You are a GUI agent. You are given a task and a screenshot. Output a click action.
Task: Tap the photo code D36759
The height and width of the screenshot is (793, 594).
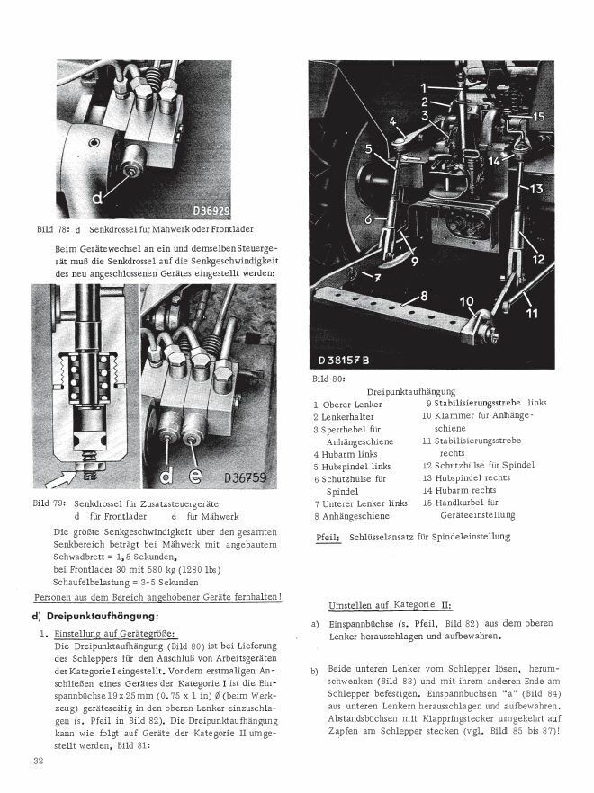click(246, 477)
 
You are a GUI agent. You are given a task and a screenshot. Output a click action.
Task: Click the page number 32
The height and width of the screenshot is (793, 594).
click(39, 762)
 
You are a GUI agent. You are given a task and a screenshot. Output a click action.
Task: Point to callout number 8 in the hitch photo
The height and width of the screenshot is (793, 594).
click(422, 295)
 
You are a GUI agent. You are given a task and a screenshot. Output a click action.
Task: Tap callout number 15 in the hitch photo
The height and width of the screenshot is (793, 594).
click(537, 117)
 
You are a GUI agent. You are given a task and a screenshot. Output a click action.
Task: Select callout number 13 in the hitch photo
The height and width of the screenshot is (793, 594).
click(536, 190)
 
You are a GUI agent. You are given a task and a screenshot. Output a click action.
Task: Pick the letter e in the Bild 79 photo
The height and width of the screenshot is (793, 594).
click(195, 474)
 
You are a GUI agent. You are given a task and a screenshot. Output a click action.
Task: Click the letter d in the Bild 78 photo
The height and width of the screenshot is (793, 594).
click(96, 195)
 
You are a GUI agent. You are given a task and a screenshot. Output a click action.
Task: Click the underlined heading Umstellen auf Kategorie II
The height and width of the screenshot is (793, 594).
click(390, 604)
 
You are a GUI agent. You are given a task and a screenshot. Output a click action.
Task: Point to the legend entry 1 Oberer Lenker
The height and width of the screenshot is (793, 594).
click(347, 405)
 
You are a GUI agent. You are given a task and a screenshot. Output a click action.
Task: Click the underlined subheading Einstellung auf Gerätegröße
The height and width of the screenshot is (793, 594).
click(116, 634)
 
